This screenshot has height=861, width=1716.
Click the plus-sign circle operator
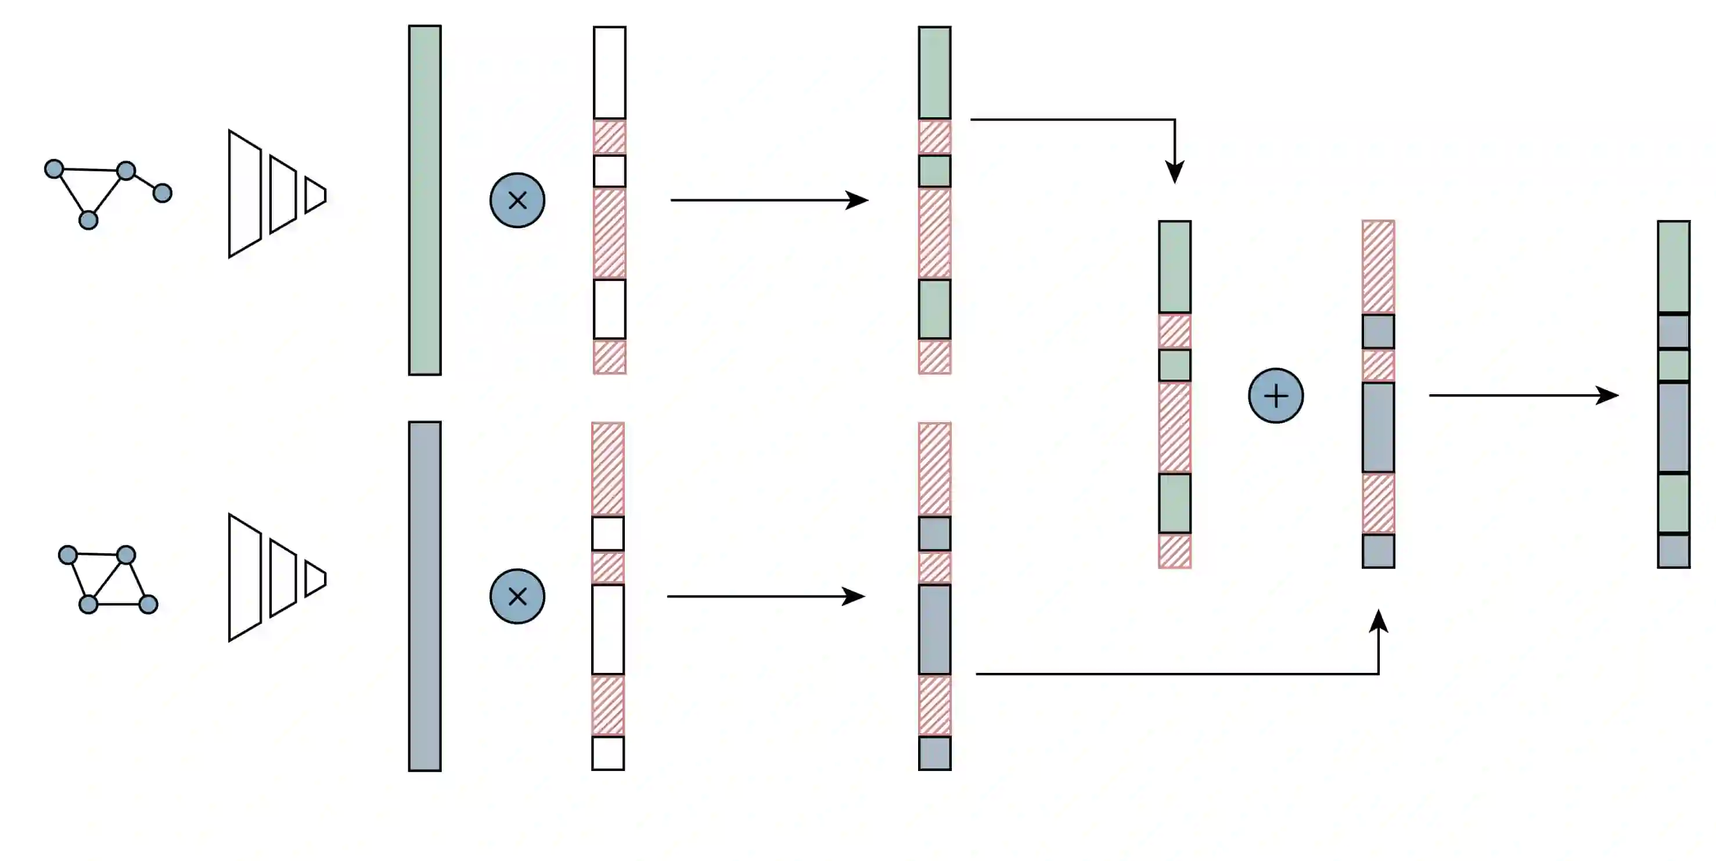1275,395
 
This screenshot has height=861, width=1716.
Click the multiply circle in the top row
517,200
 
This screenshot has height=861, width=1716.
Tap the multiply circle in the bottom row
517,596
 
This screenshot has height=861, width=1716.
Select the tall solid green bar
424,200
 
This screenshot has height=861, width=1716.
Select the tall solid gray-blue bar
424,596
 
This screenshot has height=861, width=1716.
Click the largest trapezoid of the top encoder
244,194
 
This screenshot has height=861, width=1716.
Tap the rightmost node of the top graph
162,193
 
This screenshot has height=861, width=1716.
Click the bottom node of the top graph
88,219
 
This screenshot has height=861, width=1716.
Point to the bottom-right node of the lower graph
148,604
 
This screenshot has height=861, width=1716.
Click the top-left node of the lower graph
67,554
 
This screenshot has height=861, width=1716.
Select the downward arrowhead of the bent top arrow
1174,172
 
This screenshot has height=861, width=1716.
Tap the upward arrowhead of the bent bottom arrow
1378,621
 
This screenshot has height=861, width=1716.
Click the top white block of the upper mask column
610,73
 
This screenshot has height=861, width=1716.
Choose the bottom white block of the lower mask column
607,753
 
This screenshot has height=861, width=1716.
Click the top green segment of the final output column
1674,266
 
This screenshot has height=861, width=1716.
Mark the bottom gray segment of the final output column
1674,552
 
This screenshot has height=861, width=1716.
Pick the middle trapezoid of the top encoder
282,194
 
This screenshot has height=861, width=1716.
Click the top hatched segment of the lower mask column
607,469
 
